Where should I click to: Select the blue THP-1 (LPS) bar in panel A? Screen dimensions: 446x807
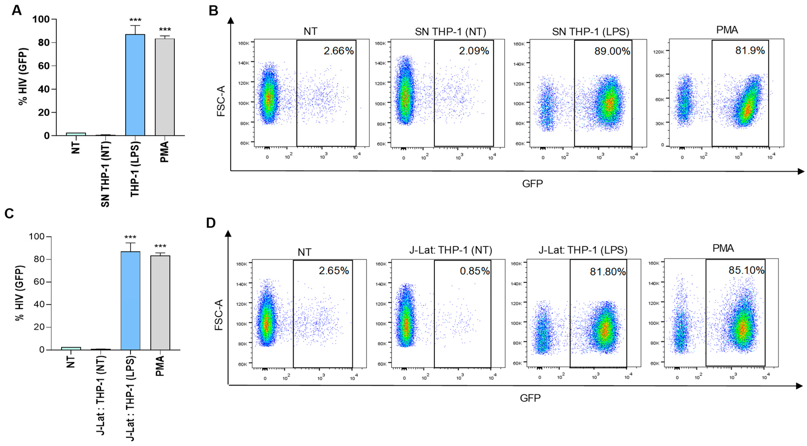pos(135,85)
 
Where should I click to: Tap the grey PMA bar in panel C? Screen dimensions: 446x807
pos(160,302)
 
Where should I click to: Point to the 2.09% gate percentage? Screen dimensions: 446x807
pos(474,51)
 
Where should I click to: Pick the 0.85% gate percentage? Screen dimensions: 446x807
pos(474,271)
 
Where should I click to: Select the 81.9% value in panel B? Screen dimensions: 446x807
pos(750,50)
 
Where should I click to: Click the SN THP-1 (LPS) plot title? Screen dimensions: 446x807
pos(590,32)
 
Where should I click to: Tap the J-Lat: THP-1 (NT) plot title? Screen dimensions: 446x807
pos(451,250)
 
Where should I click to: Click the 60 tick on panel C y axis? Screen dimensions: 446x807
pos(39,282)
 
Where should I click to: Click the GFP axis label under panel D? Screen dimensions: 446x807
pos(530,398)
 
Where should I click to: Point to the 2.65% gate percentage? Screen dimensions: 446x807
pos(334,270)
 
